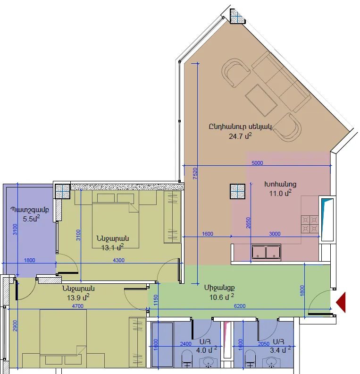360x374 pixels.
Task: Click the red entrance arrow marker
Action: tap(341, 302)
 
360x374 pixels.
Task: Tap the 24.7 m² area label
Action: tap(240, 136)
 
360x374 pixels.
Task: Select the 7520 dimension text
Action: tap(195, 174)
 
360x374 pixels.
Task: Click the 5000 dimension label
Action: tap(257, 163)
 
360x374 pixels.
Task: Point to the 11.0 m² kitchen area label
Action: tap(280, 193)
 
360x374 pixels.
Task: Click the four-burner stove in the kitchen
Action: tap(310, 224)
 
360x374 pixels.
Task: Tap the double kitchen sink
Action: tap(267, 252)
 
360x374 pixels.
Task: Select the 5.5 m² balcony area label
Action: tap(31, 219)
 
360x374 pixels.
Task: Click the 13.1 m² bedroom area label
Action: tap(112, 247)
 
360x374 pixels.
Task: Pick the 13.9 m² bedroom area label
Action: tap(78, 297)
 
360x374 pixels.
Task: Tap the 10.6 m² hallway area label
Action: tap(222, 297)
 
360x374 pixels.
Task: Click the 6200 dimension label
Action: tap(240, 306)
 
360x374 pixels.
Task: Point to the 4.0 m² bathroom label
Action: tap(207, 350)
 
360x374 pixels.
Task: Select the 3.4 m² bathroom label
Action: tap(280, 350)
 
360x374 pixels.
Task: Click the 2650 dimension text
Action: tap(248, 223)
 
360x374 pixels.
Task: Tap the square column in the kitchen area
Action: tap(237, 191)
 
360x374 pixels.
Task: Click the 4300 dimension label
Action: tap(118, 260)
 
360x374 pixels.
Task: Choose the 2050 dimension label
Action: tap(264, 344)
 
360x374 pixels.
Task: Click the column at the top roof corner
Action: tap(237, 16)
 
